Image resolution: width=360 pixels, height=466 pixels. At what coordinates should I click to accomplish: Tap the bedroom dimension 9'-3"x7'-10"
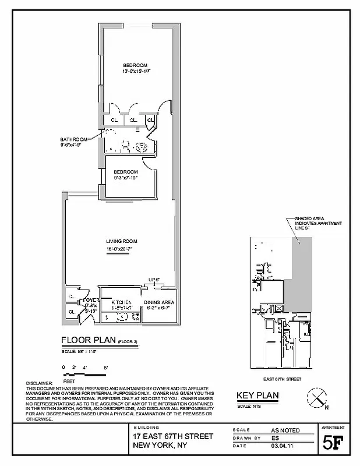coord(126,179)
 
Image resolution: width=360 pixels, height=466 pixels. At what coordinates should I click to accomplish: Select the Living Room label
coord(121,241)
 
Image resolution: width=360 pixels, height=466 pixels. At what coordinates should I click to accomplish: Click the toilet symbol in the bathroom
coord(125,147)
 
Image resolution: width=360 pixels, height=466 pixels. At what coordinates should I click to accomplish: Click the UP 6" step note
coord(154,280)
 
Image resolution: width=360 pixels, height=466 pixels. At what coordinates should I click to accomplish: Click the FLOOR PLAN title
coord(89,341)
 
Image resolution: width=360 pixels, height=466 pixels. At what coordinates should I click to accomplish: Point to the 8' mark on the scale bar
coord(105,368)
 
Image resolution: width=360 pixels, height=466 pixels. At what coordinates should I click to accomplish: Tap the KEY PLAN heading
coord(257,396)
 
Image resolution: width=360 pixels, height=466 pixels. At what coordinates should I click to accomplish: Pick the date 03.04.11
coord(282,446)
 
